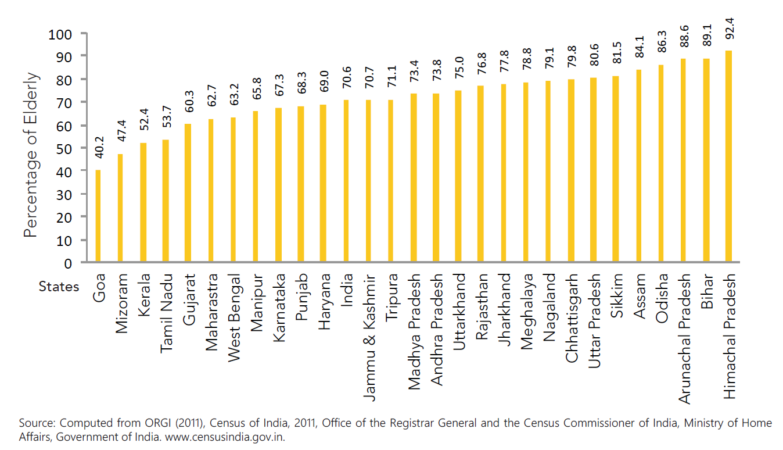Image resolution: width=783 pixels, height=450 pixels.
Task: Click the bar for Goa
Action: pos(98,216)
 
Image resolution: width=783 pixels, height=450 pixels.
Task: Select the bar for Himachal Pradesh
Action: pos(728,157)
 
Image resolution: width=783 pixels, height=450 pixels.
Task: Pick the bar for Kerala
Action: pos(143,203)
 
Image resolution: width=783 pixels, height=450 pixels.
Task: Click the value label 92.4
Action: pos(730,29)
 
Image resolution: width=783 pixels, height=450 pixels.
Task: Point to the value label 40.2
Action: pos(99,155)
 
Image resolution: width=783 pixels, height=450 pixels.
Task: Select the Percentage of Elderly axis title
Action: pos(32,155)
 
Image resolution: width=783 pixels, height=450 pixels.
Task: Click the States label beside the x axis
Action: pos(59,287)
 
